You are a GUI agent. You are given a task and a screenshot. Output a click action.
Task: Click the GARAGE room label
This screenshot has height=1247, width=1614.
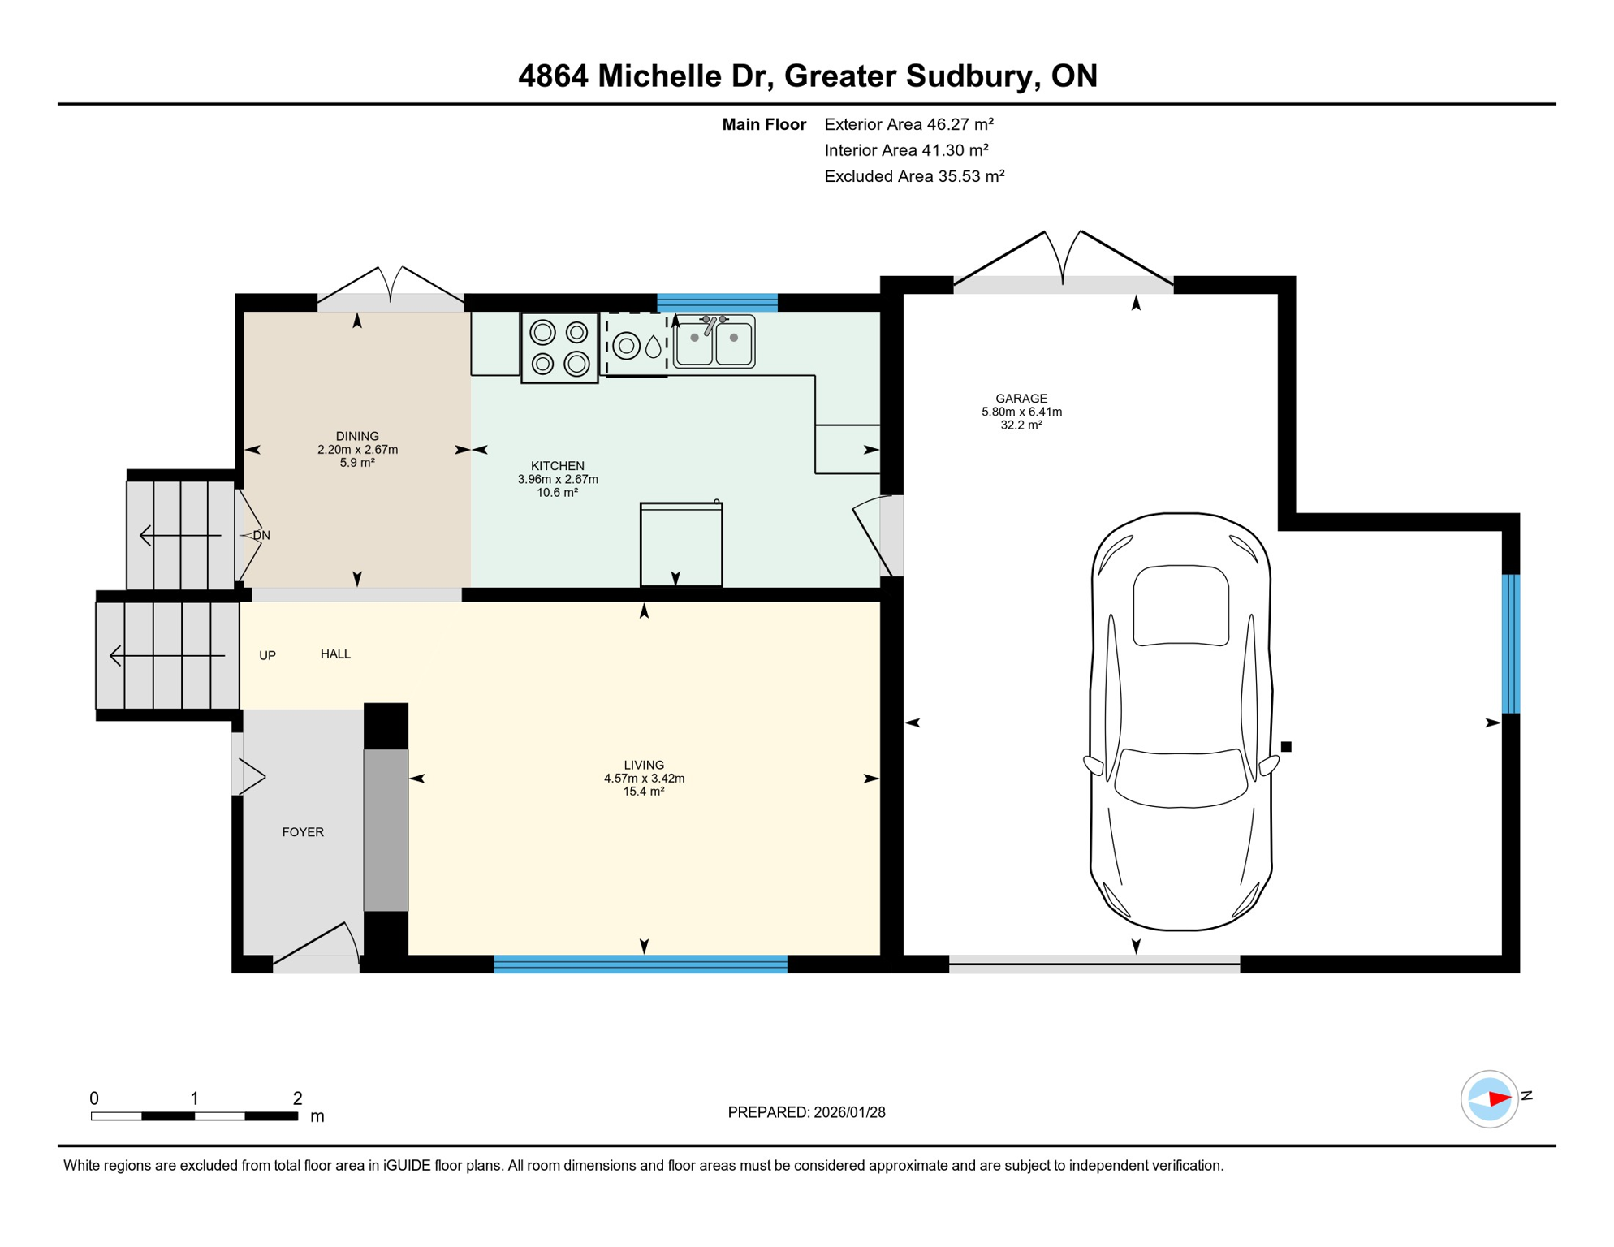point(1021,399)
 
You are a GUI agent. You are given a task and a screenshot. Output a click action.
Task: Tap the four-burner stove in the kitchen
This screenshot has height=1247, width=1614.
point(559,347)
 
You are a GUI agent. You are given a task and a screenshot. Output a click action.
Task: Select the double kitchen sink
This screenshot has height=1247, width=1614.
point(714,342)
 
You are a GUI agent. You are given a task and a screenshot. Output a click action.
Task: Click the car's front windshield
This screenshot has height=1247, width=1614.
point(1180,778)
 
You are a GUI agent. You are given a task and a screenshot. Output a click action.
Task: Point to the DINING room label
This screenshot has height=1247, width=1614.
point(357,436)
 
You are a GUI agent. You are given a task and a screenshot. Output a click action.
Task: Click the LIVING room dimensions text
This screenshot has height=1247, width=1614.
point(644,779)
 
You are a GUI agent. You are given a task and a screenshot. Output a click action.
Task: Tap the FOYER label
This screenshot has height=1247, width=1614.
point(303,832)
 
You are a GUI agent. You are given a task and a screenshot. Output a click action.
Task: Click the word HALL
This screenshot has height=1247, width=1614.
point(335,654)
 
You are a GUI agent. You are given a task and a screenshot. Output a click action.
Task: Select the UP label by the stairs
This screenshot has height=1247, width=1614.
point(267,656)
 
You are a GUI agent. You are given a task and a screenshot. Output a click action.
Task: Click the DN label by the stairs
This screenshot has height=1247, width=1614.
point(261,536)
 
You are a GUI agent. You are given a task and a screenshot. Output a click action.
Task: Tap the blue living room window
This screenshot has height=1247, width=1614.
point(641,964)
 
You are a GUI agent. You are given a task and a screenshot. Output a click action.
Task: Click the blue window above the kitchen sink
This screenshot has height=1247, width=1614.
point(717,303)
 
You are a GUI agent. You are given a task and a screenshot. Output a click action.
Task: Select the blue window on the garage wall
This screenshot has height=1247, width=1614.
point(1510,644)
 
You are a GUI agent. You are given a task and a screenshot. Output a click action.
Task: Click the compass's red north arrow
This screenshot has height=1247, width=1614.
point(1500,1099)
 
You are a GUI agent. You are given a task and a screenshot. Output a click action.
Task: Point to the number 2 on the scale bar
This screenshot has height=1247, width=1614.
point(298,1098)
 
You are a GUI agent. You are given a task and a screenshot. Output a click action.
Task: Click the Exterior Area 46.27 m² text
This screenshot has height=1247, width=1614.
point(908,124)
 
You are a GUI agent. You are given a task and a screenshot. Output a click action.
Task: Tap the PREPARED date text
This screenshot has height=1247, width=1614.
point(806,1112)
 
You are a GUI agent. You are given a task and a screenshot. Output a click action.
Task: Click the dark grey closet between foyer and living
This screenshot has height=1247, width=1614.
point(386,830)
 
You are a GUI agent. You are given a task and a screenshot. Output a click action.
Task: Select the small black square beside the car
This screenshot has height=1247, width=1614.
point(1286,747)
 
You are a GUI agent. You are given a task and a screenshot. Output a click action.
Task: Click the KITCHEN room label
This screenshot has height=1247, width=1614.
point(557,466)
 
